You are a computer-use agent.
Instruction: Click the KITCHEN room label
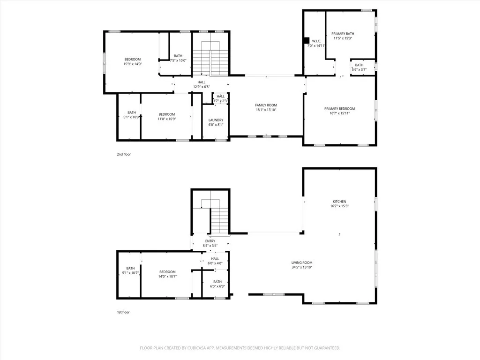pyautogui.click(x=339, y=202)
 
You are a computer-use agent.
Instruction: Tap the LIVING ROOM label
pyautogui.click(x=302, y=262)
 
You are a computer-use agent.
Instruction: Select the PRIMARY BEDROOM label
pyautogui.click(x=339, y=108)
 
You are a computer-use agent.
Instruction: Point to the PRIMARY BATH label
pyautogui.click(x=343, y=34)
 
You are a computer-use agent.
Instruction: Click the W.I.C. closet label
pyautogui.click(x=316, y=41)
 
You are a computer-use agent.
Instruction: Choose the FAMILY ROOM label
pyautogui.click(x=266, y=105)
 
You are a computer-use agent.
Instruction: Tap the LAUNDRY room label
pyautogui.click(x=216, y=120)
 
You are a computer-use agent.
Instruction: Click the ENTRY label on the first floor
pyautogui.click(x=210, y=241)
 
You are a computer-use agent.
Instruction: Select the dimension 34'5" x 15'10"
pyautogui.click(x=302, y=267)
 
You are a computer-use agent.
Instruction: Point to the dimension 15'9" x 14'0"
pyautogui.click(x=132, y=64)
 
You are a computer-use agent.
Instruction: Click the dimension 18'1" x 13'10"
pyautogui.click(x=266, y=110)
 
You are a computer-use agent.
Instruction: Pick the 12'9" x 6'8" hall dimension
pyautogui.click(x=201, y=87)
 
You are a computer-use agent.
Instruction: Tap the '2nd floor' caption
pyautogui.click(x=124, y=154)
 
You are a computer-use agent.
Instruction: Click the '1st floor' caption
pyautogui.click(x=123, y=312)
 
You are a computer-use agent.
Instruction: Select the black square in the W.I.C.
pyautogui.click(x=307, y=40)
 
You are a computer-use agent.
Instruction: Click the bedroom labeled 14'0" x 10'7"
pyautogui.click(x=167, y=272)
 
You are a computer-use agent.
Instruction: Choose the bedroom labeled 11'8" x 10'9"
pyautogui.click(x=166, y=114)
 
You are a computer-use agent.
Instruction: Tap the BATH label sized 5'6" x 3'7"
pyautogui.click(x=359, y=65)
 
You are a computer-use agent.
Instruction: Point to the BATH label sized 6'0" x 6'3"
pyautogui.click(x=217, y=282)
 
